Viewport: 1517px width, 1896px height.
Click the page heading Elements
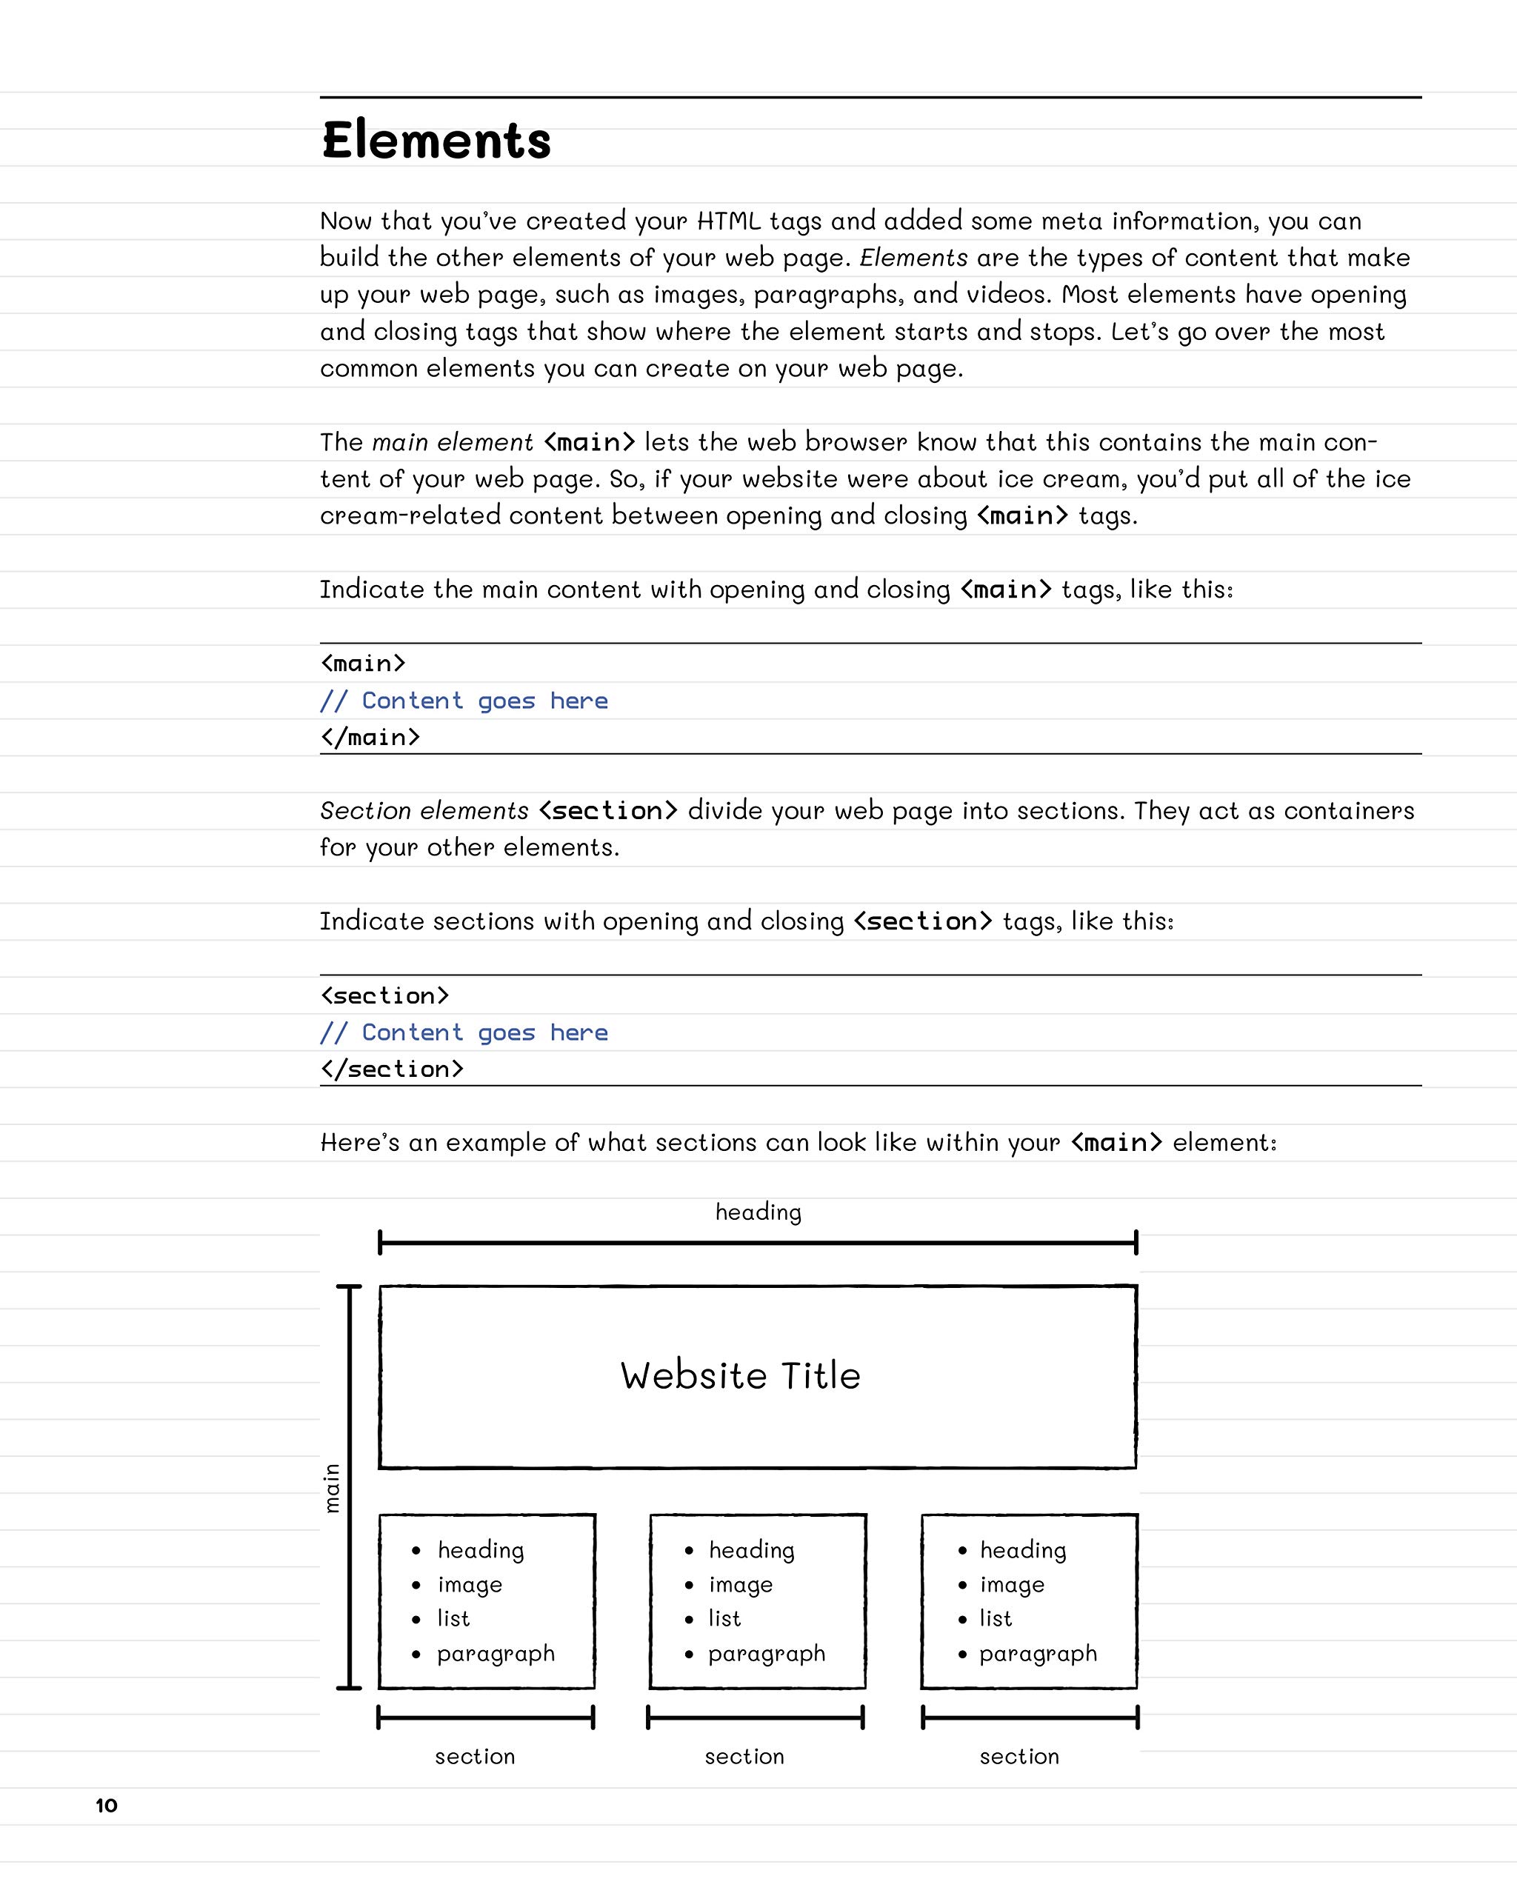[436, 141]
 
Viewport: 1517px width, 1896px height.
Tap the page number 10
[107, 1806]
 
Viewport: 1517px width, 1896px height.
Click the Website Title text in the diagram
[739, 1375]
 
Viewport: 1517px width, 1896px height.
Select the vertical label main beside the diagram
[332, 1488]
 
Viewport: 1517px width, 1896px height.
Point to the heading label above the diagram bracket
[758, 1212]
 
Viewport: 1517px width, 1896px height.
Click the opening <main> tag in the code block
[362, 663]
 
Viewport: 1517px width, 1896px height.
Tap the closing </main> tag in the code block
[370, 737]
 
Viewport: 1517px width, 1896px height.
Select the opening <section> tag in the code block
[384, 995]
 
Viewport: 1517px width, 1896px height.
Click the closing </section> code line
[391, 1069]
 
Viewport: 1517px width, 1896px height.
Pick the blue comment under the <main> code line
[464, 701]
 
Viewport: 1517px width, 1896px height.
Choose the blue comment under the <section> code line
[464, 1032]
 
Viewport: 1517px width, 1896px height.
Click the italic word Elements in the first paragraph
[913, 258]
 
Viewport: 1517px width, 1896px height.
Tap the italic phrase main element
[452, 442]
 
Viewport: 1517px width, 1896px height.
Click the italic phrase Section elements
[424, 811]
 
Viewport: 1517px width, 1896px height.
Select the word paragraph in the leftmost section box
[496, 1653]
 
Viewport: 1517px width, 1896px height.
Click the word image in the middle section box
[741, 1585]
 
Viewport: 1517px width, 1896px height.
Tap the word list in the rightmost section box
[996, 1619]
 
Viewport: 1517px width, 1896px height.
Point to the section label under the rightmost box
[1019, 1757]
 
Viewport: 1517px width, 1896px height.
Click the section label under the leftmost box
[475, 1757]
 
